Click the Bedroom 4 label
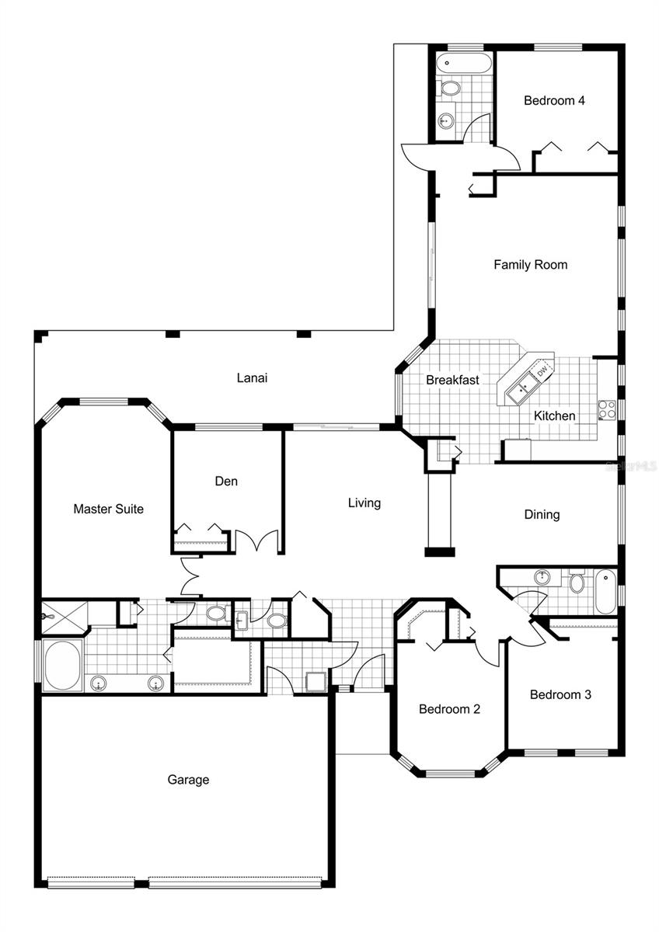point(554,100)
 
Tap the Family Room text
point(531,265)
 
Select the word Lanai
point(252,378)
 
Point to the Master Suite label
point(108,509)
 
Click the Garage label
point(188,780)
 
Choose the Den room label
point(226,482)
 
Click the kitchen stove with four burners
point(607,409)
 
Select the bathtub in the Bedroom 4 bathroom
point(463,63)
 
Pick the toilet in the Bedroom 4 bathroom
point(449,88)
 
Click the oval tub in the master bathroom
point(61,666)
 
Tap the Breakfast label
point(452,381)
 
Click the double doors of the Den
point(256,541)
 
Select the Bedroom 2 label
point(449,709)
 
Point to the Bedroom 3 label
point(560,694)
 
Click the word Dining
point(542,515)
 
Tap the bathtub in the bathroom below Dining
point(605,590)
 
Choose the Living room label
point(364,503)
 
